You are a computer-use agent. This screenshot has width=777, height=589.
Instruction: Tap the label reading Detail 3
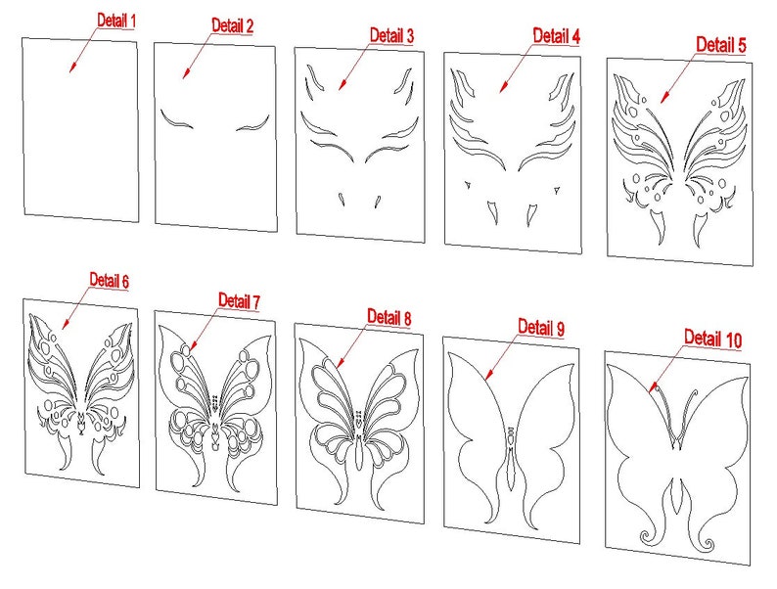(391, 35)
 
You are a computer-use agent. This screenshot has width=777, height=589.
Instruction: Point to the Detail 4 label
(556, 36)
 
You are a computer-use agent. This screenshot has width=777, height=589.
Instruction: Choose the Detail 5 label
(721, 44)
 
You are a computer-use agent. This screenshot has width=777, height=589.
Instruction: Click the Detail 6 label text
(109, 280)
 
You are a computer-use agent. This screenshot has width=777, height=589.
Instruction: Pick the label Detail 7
(239, 300)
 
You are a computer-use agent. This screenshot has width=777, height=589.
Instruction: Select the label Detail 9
(541, 326)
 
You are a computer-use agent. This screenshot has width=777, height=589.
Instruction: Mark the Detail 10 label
(712, 338)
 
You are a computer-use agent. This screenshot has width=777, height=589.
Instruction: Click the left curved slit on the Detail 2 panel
(178, 120)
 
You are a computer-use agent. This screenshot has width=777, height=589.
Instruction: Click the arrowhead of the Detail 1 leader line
(70, 70)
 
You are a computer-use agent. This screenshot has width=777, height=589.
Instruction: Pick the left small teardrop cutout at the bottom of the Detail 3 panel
(342, 200)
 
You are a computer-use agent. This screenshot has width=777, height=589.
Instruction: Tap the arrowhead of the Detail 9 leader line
(486, 372)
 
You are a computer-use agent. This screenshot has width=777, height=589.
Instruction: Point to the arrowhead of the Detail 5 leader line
(661, 99)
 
